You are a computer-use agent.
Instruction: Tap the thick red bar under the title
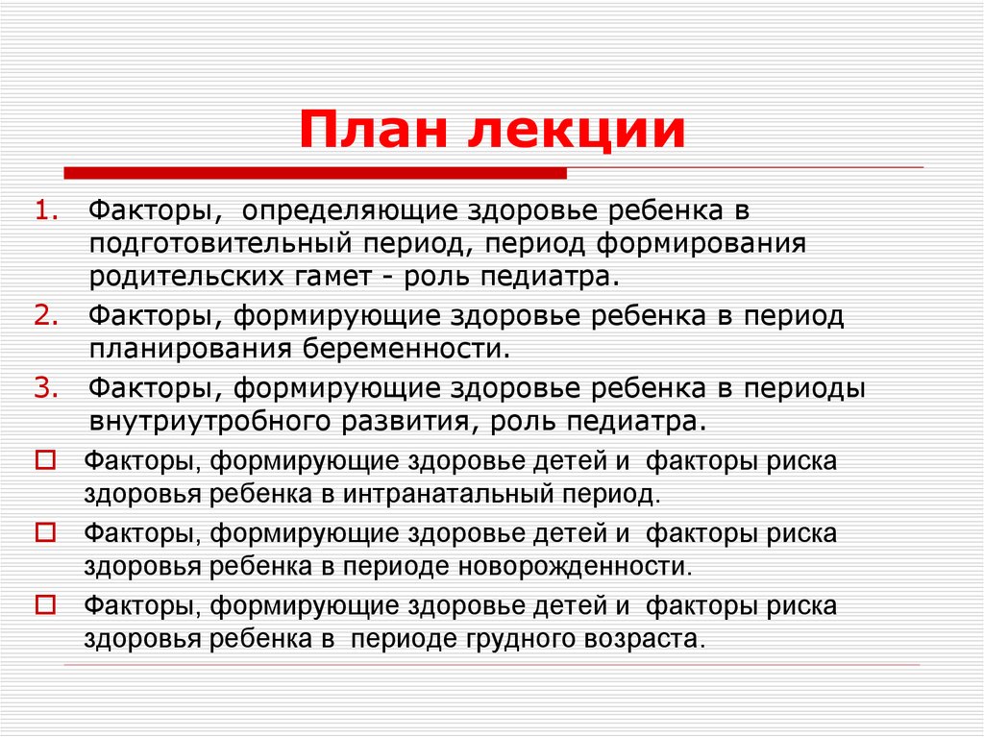(315, 173)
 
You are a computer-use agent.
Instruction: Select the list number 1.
(49, 210)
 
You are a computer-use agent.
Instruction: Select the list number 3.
(49, 387)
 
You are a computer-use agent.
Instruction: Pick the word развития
(413, 421)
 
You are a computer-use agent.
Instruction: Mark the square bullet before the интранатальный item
(44, 460)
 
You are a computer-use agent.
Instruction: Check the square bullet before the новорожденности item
(44, 532)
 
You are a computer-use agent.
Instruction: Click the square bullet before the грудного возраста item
(44, 604)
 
